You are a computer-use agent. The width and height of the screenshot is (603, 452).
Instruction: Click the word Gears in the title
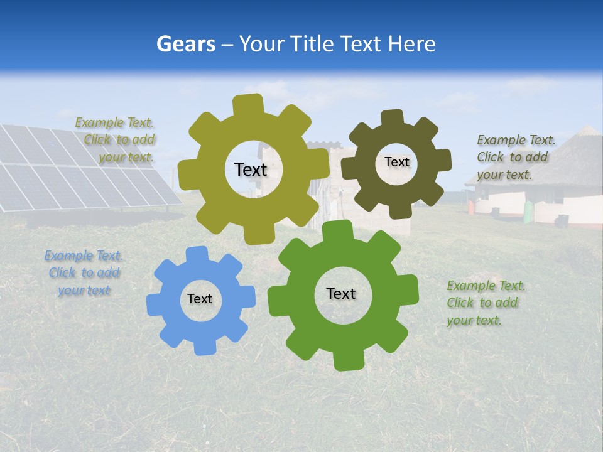[185, 44]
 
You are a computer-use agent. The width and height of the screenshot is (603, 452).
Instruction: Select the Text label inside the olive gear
[251, 169]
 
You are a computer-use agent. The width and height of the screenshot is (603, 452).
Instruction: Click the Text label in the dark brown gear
[396, 162]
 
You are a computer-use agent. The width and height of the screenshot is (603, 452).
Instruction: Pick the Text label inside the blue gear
[200, 299]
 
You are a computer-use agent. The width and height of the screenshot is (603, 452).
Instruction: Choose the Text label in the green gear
[341, 293]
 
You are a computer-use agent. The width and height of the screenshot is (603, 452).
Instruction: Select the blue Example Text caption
[84, 273]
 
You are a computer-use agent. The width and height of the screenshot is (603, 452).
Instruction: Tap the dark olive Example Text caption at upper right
[515, 157]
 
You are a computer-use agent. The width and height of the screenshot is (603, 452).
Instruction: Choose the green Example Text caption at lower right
[485, 303]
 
